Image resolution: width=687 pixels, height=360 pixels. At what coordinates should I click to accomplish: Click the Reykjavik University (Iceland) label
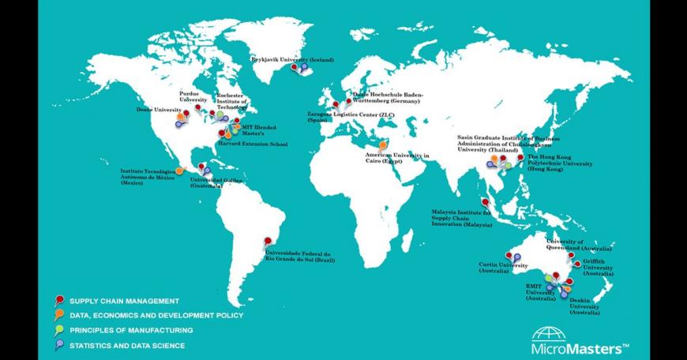point(292,59)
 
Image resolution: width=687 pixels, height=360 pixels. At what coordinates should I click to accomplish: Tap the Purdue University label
point(193,96)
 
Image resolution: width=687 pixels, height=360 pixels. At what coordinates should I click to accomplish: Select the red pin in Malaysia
point(485,202)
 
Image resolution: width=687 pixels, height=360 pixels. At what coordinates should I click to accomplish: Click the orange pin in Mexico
point(179,169)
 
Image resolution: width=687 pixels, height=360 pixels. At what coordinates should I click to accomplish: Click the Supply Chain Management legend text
point(124,301)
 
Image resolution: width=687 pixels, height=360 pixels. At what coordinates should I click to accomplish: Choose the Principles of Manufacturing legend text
point(131,330)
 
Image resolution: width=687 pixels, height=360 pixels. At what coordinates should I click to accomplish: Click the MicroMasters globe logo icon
point(550,333)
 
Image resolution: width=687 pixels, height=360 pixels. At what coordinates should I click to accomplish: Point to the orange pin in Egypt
point(383,145)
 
